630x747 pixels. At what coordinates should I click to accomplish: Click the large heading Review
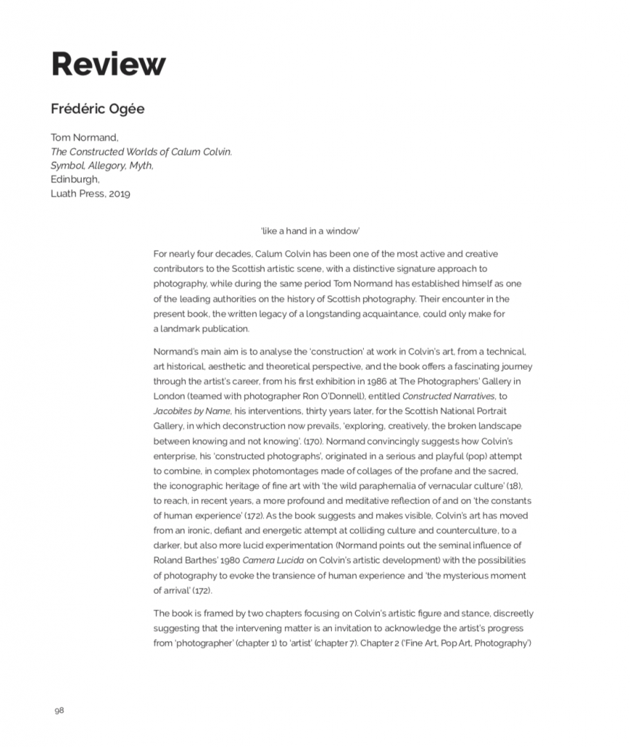tap(108, 65)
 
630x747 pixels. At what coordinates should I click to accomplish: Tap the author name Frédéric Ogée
tap(97, 109)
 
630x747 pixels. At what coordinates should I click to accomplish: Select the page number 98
tap(59, 710)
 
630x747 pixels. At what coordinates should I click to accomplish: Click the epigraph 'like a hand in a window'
tap(310, 231)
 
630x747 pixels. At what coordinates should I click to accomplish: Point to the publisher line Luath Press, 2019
tap(90, 194)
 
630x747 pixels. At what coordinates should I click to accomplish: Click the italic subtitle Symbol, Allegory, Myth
tap(101, 166)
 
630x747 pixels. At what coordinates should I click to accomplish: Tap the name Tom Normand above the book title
tap(79, 137)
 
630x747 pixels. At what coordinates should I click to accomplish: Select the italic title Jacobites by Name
tap(188, 411)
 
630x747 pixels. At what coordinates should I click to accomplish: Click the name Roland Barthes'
tap(187, 560)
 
